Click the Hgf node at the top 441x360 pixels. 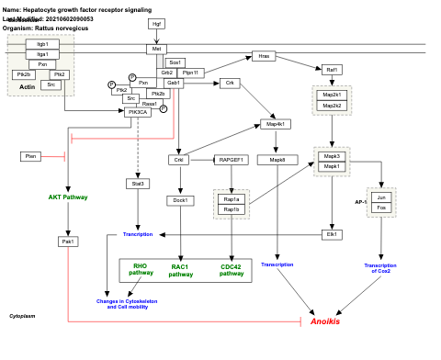pos(156,23)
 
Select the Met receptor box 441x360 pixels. pos(156,49)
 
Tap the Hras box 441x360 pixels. pos(264,56)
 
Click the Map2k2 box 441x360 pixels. pos(332,106)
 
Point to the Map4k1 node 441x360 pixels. pos(274,124)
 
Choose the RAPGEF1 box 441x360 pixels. pos(231,160)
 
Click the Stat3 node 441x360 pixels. pos(137,183)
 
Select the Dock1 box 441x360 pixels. pos(179,200)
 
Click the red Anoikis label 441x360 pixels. pos(324,321)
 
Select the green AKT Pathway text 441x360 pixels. pos(68,197)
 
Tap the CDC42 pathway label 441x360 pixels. pos(232,270)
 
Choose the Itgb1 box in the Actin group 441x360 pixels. pos(41,44)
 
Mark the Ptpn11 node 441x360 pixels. pos(191,72)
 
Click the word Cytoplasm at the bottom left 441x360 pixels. pos(22,315)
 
